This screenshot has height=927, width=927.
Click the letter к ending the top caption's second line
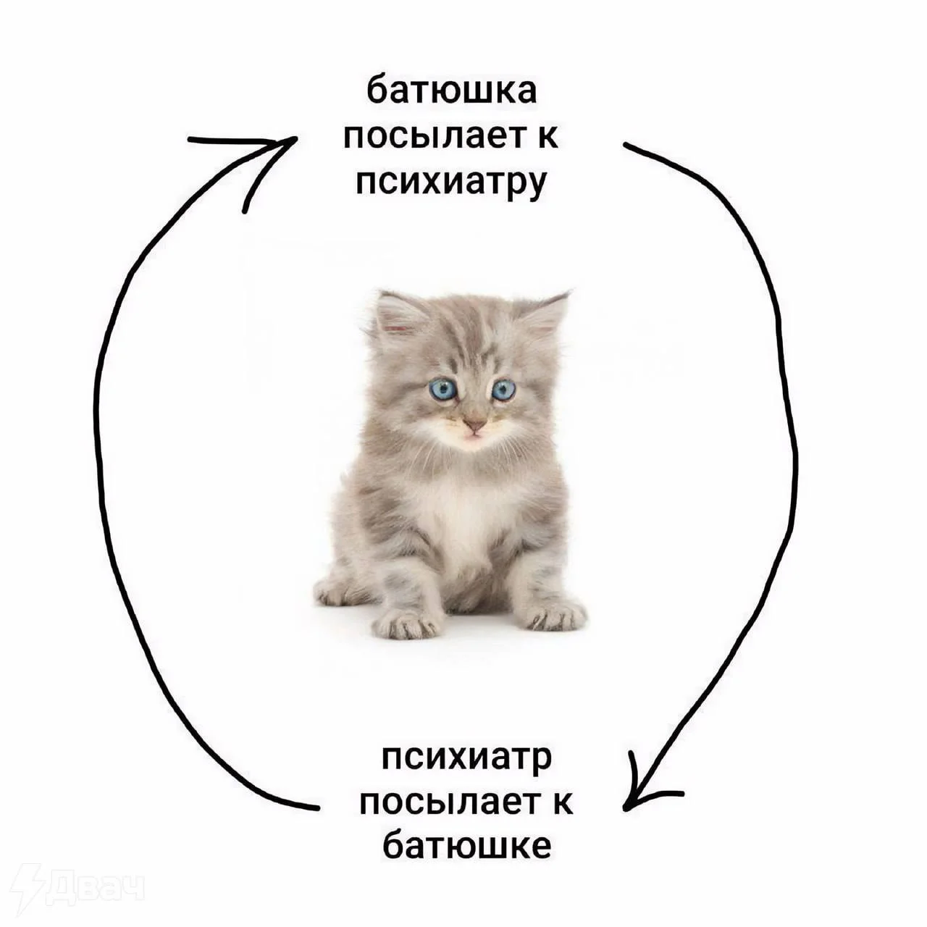548,137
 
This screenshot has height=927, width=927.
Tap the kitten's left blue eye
442,390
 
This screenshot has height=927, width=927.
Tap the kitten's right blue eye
503,390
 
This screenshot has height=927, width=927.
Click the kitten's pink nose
474,423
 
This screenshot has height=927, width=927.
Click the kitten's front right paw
553,616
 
